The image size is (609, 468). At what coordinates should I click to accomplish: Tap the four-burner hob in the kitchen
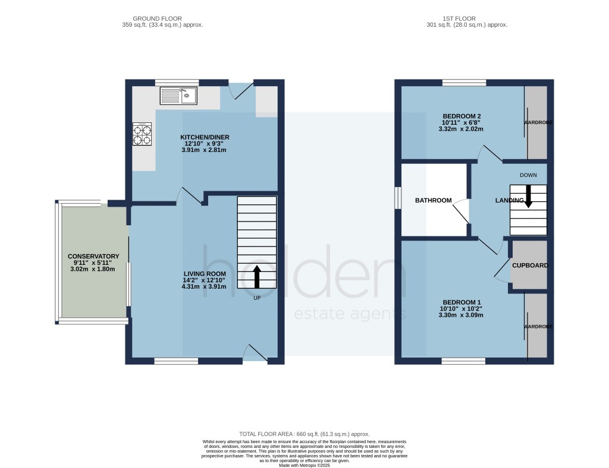142,134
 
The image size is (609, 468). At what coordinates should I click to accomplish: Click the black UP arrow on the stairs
257,276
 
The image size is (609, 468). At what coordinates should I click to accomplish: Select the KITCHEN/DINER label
205,137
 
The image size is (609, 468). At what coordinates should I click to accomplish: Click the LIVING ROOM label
205,274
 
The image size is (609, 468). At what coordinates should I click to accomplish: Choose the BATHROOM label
433,201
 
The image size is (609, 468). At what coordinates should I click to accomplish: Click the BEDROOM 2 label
462,116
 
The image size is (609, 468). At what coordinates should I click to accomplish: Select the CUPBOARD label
530,265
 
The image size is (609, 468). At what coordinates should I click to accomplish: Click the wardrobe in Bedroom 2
536,122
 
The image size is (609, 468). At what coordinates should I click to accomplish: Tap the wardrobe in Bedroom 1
536,326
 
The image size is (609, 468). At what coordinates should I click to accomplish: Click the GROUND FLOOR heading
158,18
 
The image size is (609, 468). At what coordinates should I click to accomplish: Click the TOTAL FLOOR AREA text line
304,435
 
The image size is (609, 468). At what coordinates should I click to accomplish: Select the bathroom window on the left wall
398,198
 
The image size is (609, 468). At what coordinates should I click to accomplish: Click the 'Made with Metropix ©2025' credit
304,465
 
